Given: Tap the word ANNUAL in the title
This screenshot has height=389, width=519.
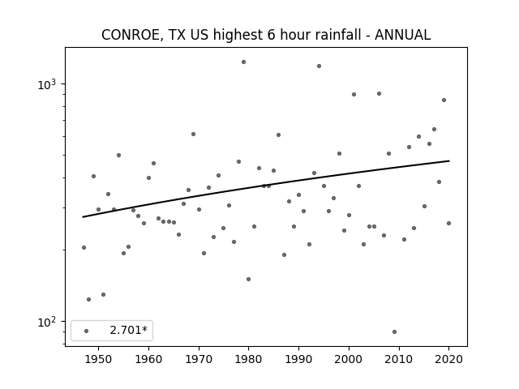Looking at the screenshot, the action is click(x=402, y=35).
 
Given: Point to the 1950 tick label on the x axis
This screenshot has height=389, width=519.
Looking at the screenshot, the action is click(x=98, y=359).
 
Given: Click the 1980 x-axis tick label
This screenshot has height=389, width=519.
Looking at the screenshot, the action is click(x=249, y=359).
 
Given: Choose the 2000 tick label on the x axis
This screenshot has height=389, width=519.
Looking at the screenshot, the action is click(x=349, y=359).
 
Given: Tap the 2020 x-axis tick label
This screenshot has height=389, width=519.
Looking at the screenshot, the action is click(x=448, y=359).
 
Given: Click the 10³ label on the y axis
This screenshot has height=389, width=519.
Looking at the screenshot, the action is click(x=47, y=84).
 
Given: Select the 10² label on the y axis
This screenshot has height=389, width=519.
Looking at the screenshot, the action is click(x=47, y=322).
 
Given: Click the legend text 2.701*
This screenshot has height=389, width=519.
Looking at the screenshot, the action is click(x=128, y=330).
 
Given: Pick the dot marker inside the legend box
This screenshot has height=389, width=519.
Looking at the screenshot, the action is click(x=86, y=331).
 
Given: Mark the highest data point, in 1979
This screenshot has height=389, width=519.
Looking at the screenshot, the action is click(x=243, y=62).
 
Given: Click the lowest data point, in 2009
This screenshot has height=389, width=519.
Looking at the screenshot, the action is click(x=394, y=331).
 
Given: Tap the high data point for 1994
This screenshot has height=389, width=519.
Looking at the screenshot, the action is click(x=319, y=66).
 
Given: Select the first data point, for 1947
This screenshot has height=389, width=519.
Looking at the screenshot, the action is click(x=84, y=247).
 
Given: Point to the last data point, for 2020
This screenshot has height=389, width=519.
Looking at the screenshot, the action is click(x=448, y=224).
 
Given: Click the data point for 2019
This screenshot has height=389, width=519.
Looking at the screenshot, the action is click(x=444, y=100).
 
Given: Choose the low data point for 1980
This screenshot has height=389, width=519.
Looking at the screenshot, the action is click(x=249, y=279).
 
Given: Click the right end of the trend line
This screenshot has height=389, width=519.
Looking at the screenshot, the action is click(x=449, y=160).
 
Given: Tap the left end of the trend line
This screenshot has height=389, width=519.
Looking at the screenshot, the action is click(x=83, y=217).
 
